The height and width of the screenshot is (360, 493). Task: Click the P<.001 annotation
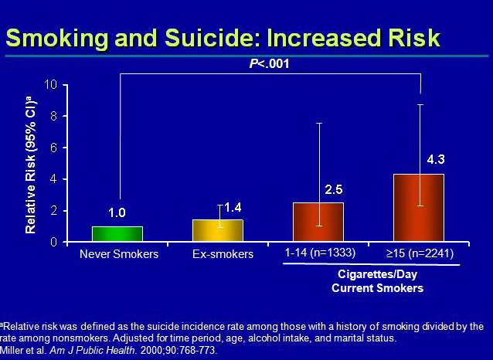pos(270,64)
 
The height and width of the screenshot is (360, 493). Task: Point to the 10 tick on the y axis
pos(52,84)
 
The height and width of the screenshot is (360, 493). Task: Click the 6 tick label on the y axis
pos(54,148)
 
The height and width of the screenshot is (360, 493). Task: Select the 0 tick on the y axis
pos(54,242)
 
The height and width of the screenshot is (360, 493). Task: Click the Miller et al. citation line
pos(109,351)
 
